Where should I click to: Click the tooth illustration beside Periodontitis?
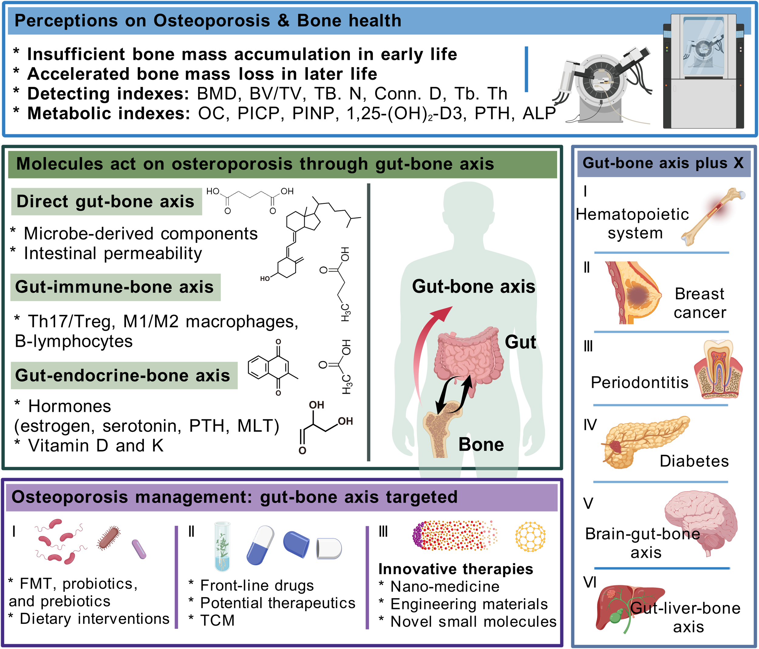click(x=718, y=370)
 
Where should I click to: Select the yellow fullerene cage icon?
click(x=530, y=537)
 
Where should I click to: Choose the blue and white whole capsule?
click(x=260, y=545)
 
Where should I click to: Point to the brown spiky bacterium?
click(x=108, y=538)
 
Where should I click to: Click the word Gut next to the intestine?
click(x=520, y=342)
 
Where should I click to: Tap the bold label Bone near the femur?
click(x=481, y=445)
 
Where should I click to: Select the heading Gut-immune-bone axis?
click(x=114, y=287)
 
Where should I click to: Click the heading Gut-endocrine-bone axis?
click(x=123, y=376)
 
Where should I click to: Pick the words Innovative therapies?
click(x=456, y=569)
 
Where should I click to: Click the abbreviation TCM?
click(x=217, y=620)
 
